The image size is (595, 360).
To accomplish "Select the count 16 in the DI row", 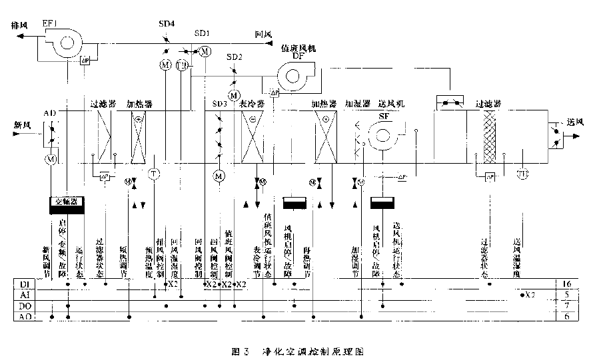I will [x=567, y=284].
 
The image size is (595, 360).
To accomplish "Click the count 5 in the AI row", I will [x=567, y=295].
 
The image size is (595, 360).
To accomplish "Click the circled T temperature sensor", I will [x=154, y=174].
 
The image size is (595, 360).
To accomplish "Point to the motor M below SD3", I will [x=219, y=176].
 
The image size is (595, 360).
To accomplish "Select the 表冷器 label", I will [x=253, y=104].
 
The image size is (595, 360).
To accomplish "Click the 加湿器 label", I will [x=358, y=104].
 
